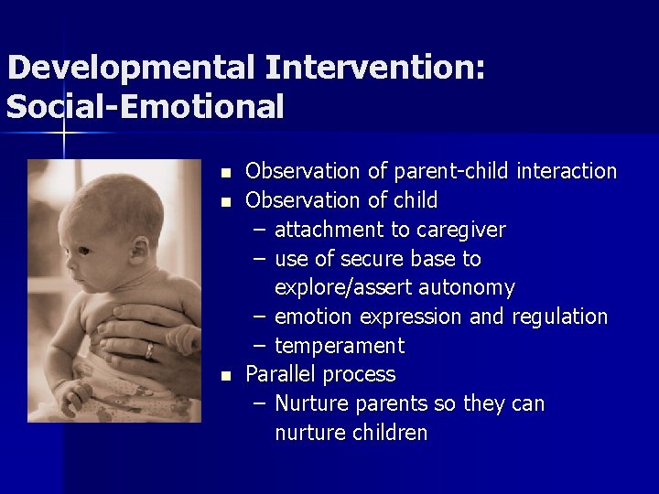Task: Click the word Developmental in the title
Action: coord(130,68)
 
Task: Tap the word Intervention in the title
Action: coord(372,68)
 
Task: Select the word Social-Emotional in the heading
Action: coord(145,107)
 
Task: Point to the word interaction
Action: coord(567,171)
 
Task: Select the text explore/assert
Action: coord(343,288)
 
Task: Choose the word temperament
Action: coord(339,347)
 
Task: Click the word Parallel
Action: coord(280,375)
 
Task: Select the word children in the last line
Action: coord(390,434)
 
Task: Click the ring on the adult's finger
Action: coord(148,350)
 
